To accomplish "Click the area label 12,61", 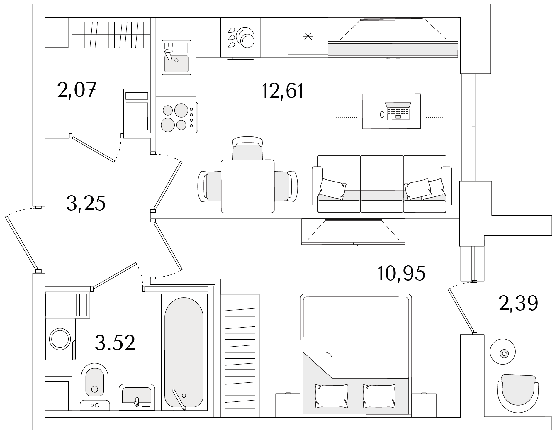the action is pos(283,91).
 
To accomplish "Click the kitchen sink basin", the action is pos(176,64).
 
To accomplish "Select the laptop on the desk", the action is pos(398,111).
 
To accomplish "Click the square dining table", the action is pos(248,186).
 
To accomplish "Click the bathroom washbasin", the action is pos(137,397).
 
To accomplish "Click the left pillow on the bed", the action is pos(331,396).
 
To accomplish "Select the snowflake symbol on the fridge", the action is pos(308,36).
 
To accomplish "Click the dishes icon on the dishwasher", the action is pos(241,38).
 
